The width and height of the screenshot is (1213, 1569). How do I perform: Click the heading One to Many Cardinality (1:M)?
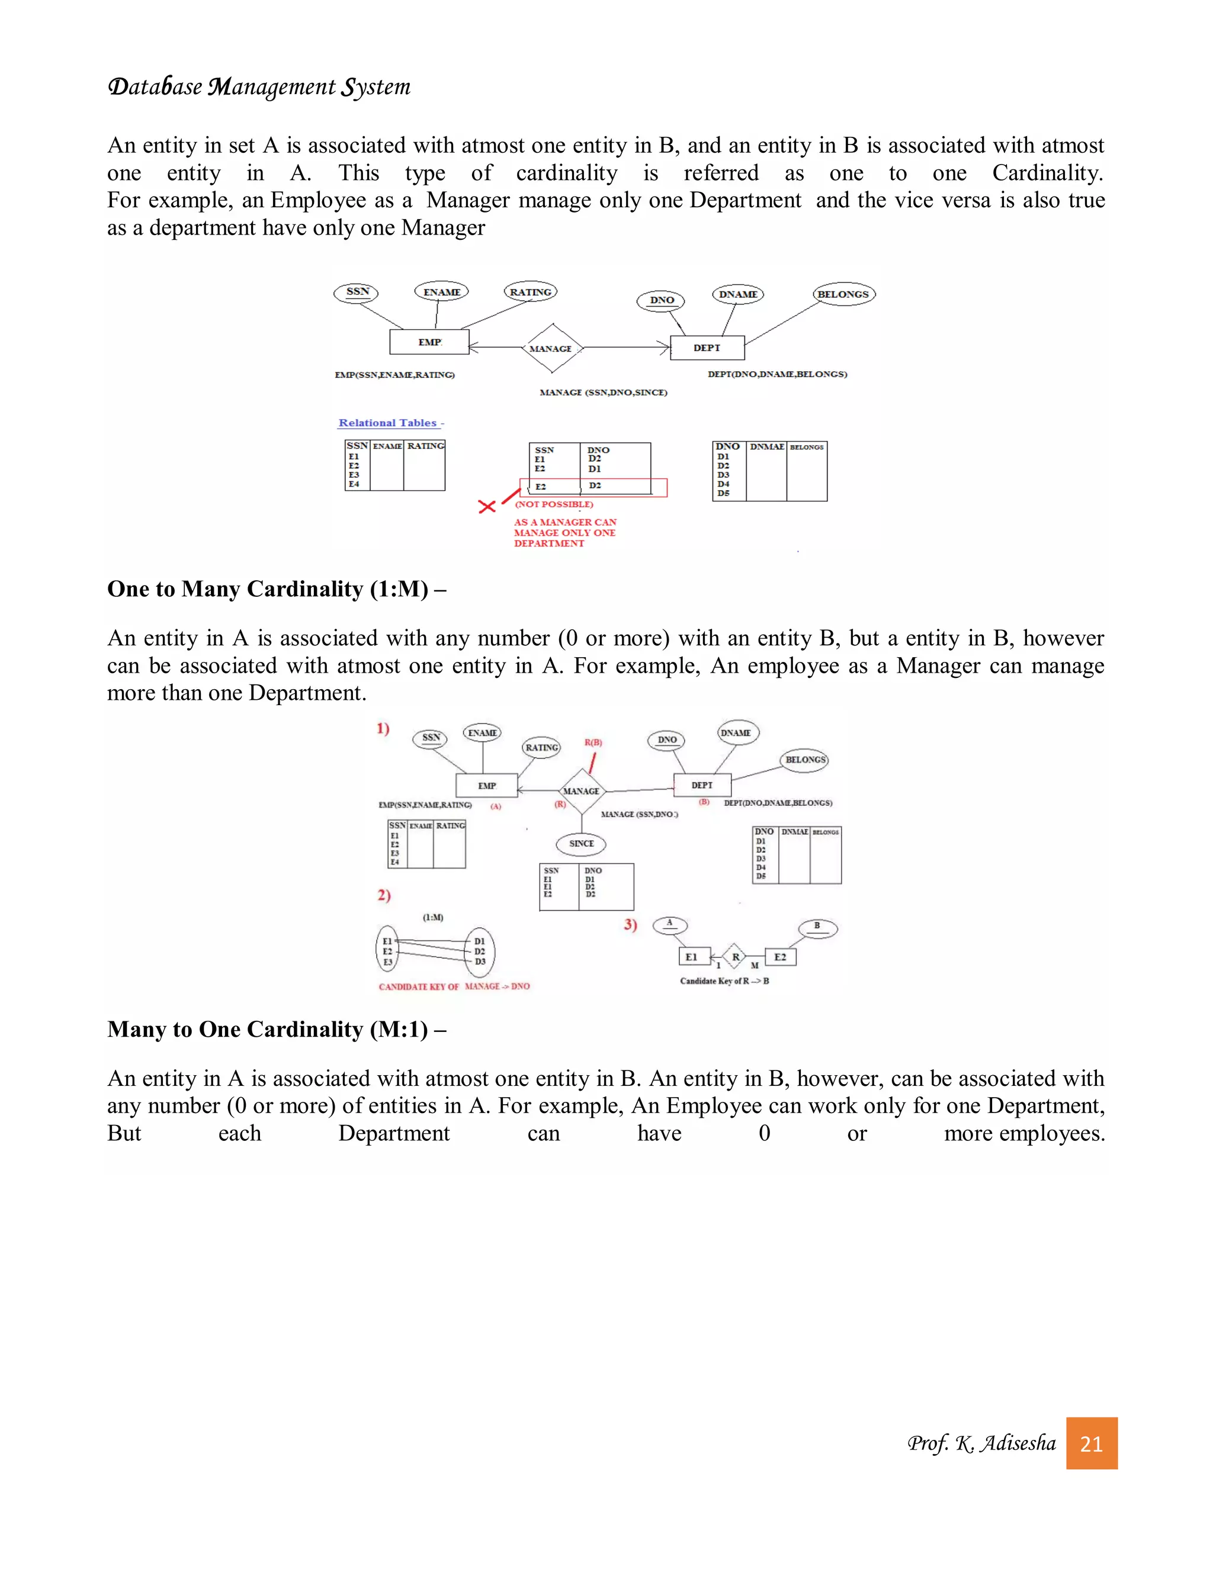pos(276,589)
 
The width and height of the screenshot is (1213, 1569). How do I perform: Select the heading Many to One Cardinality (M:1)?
pos(276,1030)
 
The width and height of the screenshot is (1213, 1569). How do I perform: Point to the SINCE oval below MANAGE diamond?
pos(582,844)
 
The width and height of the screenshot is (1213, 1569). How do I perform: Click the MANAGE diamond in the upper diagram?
pos(551,348)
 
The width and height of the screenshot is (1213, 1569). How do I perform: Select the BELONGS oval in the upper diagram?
pos(843,294)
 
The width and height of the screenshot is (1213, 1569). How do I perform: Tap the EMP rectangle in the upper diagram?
pos(429,342)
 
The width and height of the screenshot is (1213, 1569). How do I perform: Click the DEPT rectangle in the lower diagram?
pos(702,785)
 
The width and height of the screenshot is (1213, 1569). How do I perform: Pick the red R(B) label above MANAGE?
pos(593,742)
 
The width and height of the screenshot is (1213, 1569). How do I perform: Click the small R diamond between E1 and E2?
pos(735,957)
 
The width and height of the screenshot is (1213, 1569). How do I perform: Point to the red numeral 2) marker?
pos(384,895)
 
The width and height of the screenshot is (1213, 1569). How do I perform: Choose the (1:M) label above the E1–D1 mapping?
pos(432,917)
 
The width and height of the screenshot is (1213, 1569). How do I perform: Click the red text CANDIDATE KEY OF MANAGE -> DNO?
pos(454,986)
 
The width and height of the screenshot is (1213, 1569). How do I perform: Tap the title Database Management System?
pos(259,87)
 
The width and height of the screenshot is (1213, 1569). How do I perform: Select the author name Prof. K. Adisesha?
pos(981,1443)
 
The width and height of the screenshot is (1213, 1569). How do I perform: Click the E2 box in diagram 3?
pos(781,957)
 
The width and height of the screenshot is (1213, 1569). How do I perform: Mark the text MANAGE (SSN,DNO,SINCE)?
pos(604,392)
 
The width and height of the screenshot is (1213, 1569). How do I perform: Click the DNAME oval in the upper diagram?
pos(738,294)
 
